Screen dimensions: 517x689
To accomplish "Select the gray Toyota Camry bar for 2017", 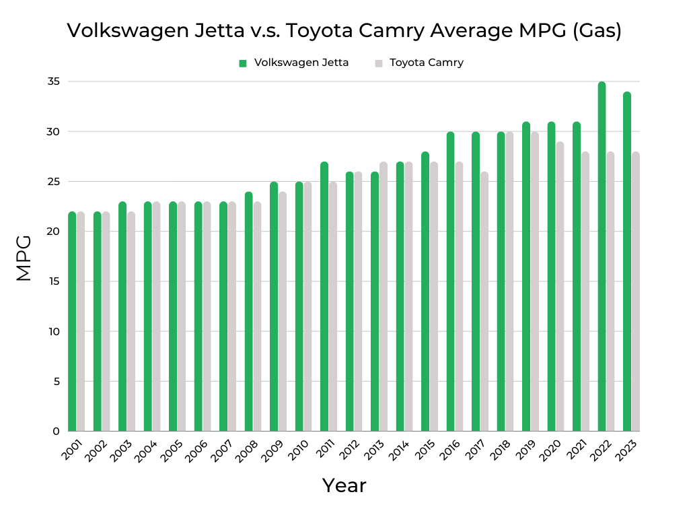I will click(484, 303).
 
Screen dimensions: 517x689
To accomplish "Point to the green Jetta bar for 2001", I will click(72, 323).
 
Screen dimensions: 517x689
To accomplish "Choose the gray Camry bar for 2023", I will click(636, 293).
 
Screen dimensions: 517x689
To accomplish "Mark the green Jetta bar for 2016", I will click(450, 283).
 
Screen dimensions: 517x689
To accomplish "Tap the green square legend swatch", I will click(243, 63).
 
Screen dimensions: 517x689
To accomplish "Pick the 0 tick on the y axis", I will click(57, 432).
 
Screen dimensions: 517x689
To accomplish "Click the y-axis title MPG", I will click(24, 258).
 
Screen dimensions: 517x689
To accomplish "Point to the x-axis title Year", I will click(344, 485).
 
